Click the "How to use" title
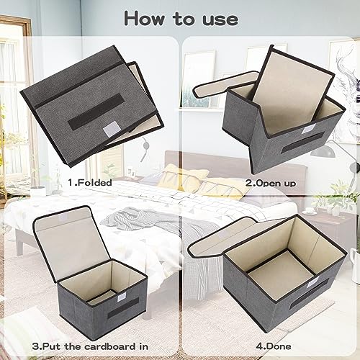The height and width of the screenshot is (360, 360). coord(181,19)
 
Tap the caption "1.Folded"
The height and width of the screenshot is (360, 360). coord(90,183)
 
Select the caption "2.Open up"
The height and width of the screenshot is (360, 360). coord(271,183)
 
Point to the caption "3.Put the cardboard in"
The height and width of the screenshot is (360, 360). coord(90,346)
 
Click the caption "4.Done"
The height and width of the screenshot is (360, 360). coord(274,346)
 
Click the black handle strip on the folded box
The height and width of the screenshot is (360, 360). coord(96,111)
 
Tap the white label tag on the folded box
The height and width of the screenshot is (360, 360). coord(112,129)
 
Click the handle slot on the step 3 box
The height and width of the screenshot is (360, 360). coord(123,307)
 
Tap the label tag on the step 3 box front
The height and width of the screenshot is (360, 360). coord(119,298)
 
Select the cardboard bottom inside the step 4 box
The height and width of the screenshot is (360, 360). coord(281,274)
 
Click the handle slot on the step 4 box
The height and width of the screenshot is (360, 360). coord(309,294)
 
